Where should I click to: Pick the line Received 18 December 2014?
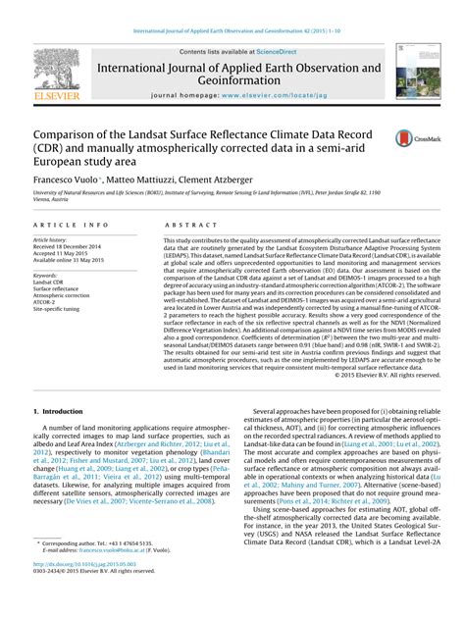(x=73, y=247)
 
